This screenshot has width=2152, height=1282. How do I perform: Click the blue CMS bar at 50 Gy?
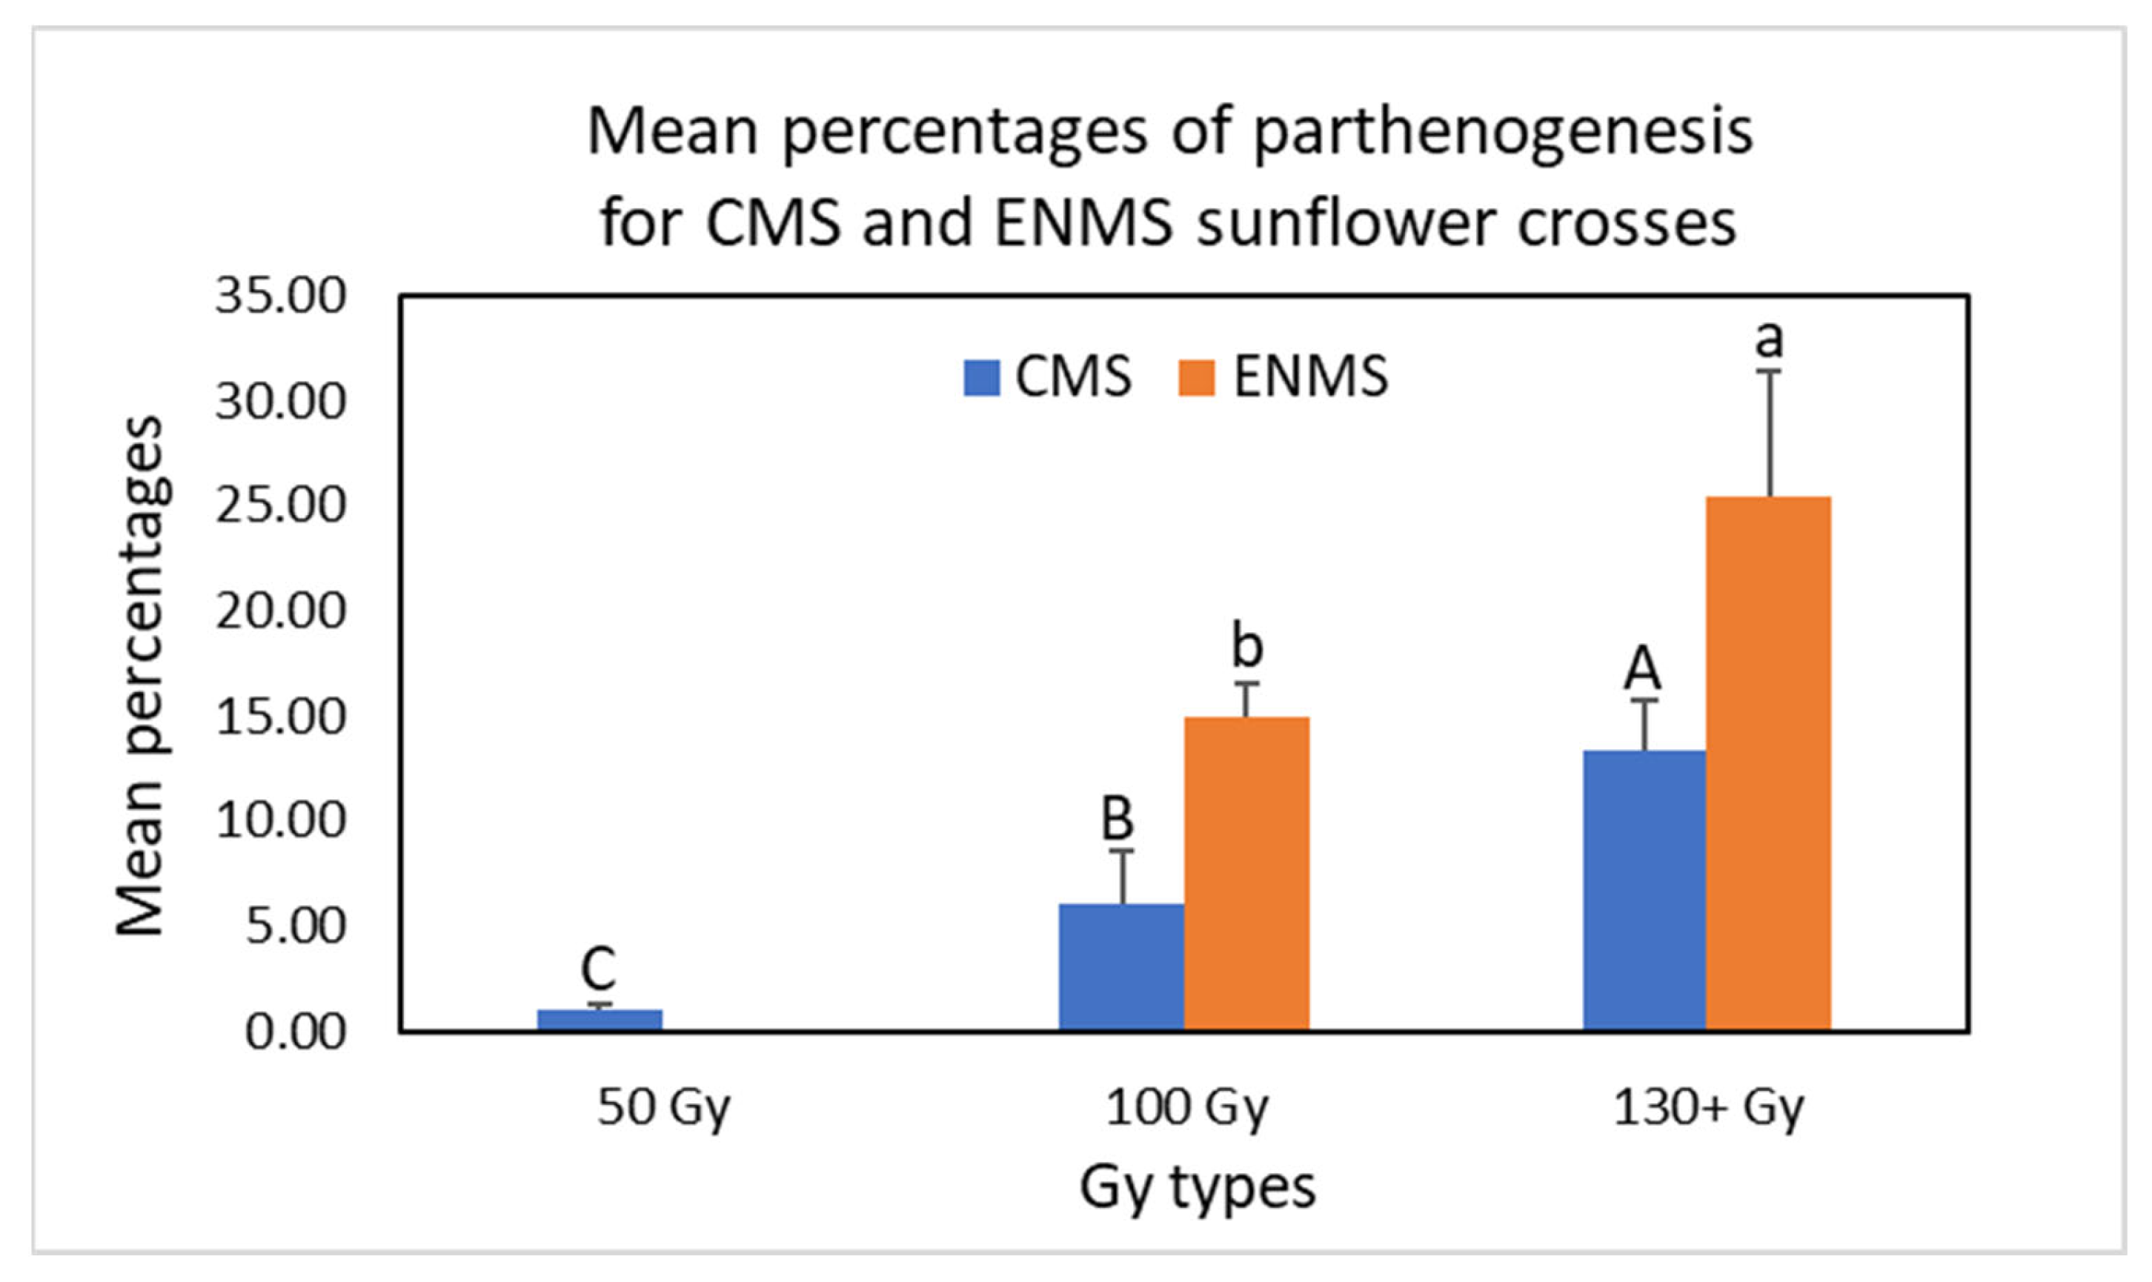pyautogui.click(x=600, y=1020)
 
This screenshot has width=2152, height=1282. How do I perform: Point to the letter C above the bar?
pyautogui.click(x=598, y=969)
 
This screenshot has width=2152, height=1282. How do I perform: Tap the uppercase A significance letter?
pyautogui.click(x=1642, y=668)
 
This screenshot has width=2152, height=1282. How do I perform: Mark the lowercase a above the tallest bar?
pyautogui.click(x=1768, y=339)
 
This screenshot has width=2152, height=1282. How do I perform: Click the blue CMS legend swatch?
pyautogui.click(x=981, y=377)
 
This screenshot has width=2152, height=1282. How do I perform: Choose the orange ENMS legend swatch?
pyautogui.click(x=1197, y=377)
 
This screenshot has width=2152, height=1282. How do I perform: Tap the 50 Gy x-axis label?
pyautogui.click(x=663, y=1109)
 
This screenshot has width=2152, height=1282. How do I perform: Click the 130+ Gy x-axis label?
pyautogui.click(x=1708, y=1109)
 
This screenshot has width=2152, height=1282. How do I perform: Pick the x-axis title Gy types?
pyautogui.click(x=1197, y=1188)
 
